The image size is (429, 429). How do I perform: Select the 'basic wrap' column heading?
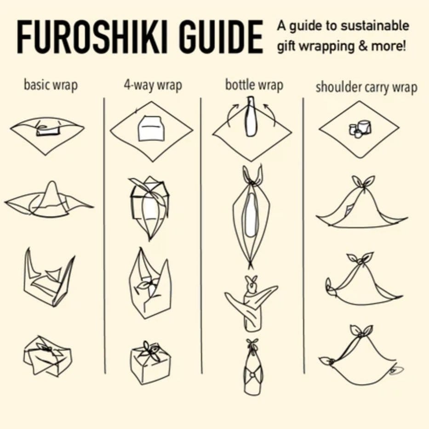point(51,85)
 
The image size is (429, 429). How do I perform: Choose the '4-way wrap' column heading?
point(153,85)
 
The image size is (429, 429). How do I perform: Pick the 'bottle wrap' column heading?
point(254,85)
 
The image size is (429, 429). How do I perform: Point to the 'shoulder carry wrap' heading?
point(366,88)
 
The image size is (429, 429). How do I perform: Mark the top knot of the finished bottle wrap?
point(251,344)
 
